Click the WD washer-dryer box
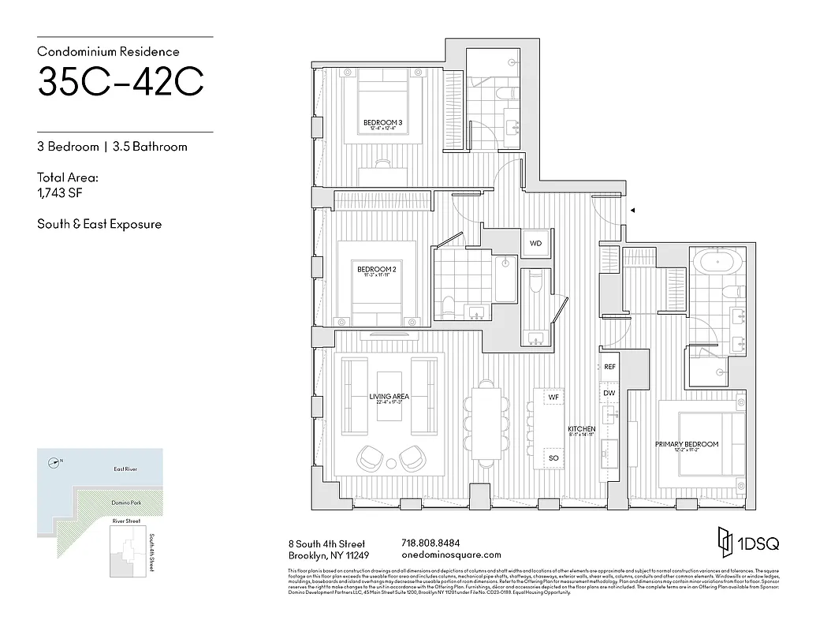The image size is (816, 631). tap(535, 243)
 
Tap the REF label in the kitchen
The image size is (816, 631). tap(609, 368)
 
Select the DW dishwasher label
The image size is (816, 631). tap(609, 392)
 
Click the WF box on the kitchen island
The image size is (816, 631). tap(553, 398)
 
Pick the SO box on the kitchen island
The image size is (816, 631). tap(553, 457)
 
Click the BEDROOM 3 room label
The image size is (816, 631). tap(383, 122)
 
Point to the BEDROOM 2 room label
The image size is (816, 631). tap(377, 269)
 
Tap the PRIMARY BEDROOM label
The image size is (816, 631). tap(687, 444)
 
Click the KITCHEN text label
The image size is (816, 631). tap(583, 429)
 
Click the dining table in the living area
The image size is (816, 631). tap(483, 417)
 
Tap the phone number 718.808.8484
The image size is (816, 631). tap(430, 543)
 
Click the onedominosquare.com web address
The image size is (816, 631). tap(451, 555)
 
